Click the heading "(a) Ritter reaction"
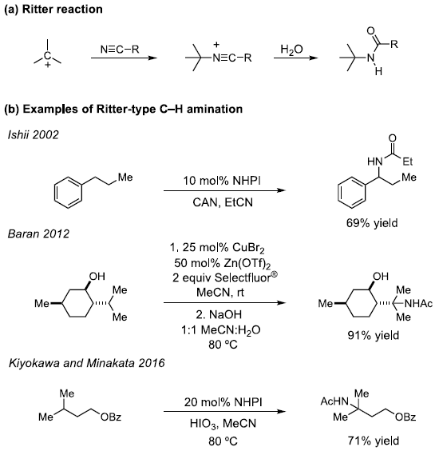53,10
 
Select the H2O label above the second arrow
291,50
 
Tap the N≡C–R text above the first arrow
120,50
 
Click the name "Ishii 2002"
34,134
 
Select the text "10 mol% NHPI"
222,181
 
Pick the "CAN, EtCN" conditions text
223,202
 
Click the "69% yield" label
372,223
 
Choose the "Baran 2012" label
38,233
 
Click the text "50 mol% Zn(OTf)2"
222,263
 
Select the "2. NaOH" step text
219,314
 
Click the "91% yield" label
374,335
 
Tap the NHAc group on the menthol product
418,303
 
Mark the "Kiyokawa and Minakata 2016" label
87,363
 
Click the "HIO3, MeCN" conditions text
223,423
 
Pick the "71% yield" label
374,441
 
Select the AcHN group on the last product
334,401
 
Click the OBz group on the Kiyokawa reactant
111,417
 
